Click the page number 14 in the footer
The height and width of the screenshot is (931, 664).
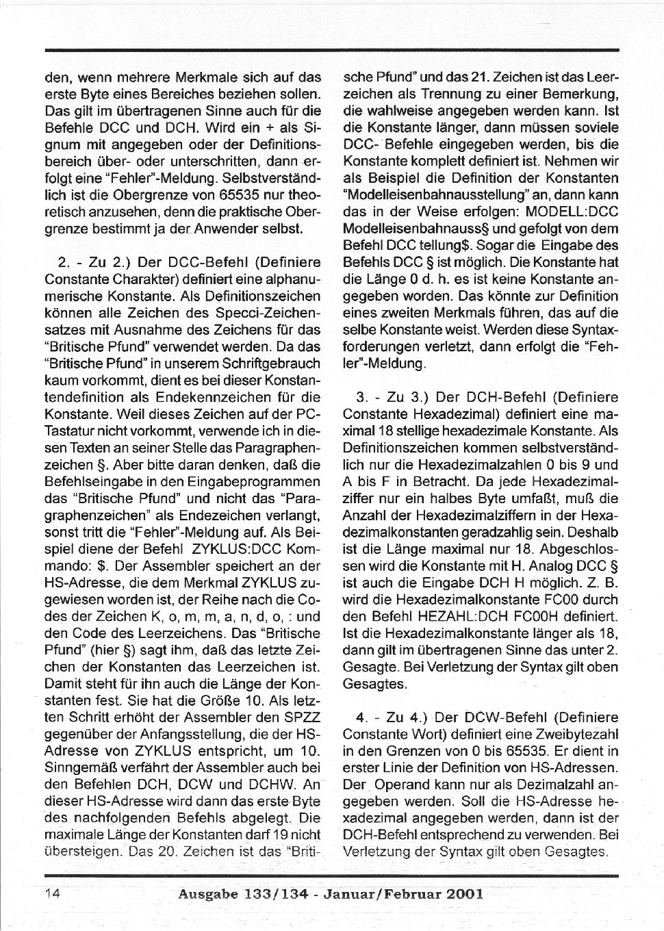pyautogui.click(x=53, y=893)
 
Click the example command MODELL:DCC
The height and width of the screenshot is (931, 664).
pyautogui.click(x=574, y=212)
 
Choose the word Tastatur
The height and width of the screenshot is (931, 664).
pyautogui.click(x=69, y=431)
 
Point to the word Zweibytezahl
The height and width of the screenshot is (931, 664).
pyautogui.click(x=579, y=734)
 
